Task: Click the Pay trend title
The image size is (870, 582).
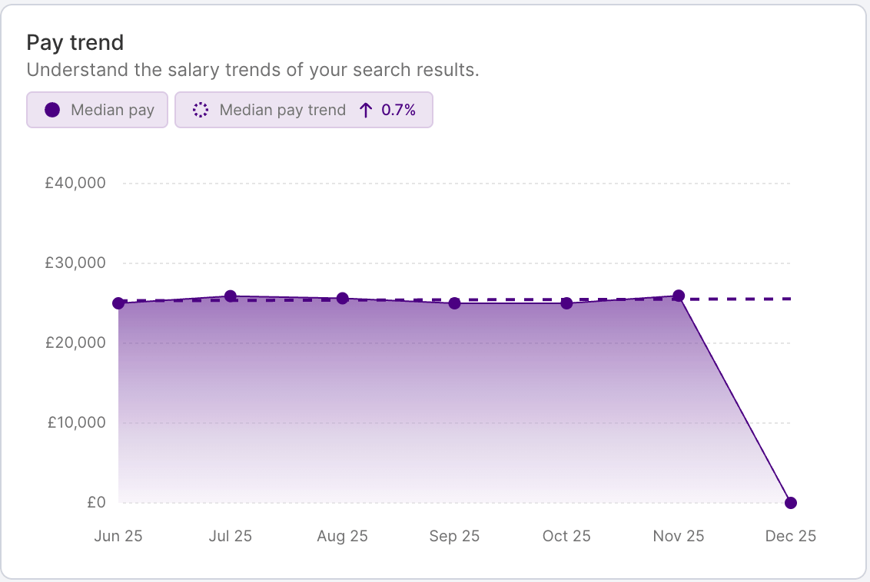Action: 75,42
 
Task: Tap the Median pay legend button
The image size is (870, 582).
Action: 97,110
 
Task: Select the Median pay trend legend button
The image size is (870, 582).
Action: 304,110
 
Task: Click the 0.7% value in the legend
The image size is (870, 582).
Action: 398,110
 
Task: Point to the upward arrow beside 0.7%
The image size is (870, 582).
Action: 366,110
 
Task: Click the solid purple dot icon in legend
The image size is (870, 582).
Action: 52,110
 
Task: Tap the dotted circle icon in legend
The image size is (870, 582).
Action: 201,110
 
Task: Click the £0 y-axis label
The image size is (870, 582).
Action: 96,503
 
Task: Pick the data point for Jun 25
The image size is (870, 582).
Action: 118,303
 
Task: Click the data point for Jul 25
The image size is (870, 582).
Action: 231,296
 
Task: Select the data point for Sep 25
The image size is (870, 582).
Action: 454,303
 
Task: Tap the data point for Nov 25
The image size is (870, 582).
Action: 679,296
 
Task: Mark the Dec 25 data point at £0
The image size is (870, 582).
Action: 791,503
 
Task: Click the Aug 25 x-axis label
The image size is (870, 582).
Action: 342,536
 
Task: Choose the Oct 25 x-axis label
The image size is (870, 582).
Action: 566,536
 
